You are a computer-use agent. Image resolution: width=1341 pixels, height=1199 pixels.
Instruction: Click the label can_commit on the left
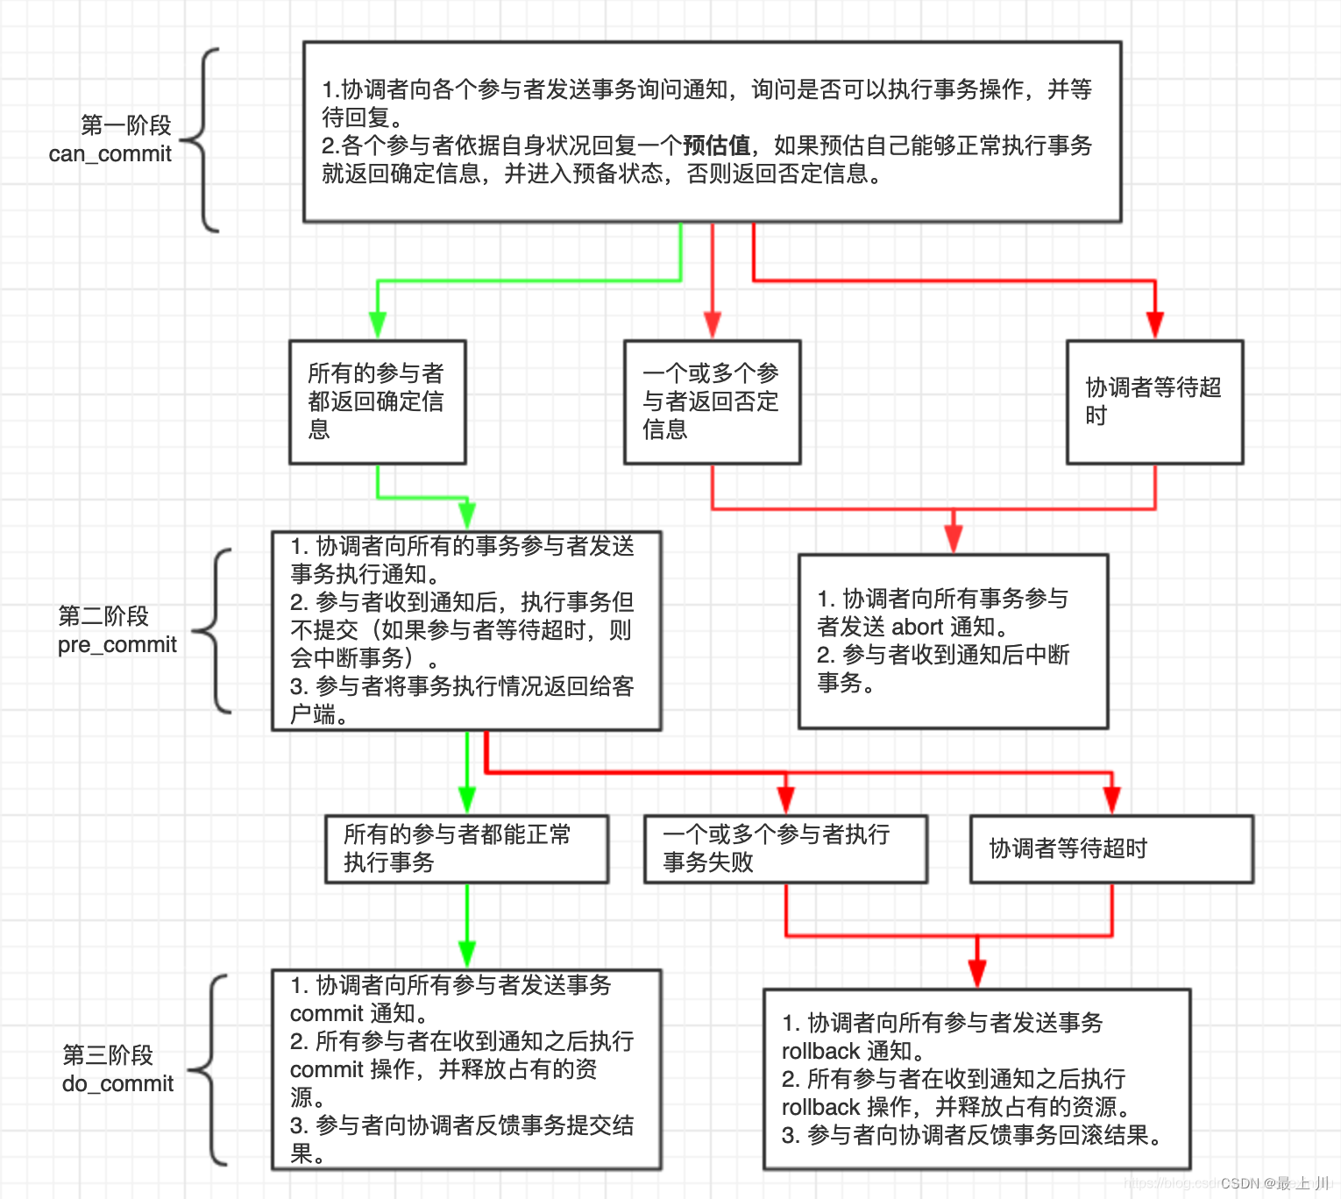pyautogui.click(x=110, y=154)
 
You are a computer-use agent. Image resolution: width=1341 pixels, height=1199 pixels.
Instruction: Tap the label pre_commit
pyautogui.click(x=117, y=645)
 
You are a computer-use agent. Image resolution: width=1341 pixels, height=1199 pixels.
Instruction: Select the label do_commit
pyautogui.click(x=117, y=1084)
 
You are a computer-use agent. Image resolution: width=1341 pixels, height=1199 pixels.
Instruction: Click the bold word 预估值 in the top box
pyautogui.click(x=716, y=145)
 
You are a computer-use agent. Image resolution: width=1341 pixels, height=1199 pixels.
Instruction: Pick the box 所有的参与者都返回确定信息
pyautogui.click(x=378, y=402)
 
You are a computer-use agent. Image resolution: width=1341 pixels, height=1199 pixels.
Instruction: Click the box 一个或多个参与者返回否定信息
pyautogui.click(x=712, y=402)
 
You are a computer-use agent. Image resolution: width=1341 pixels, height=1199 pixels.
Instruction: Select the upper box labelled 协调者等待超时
pyautogui.click(x=1154, y=402)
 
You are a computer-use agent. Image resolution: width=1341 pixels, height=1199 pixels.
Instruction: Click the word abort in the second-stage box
pyautogui.click(x=917, y=627)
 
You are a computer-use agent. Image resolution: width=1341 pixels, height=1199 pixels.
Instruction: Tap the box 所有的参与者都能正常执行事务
pyautogui.click(x=466, y=848)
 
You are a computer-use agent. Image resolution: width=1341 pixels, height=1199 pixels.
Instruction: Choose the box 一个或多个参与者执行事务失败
pyautogui.click(x=785, y=848)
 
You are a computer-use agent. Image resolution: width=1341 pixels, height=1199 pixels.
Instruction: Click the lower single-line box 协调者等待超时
pyautogui.click(x=1111, y=848)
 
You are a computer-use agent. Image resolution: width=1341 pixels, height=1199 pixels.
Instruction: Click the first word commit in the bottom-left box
pyautogui.click(x=326, y=1014)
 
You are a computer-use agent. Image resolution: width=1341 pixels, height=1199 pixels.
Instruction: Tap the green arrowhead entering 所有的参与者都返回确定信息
pyautogui.click(x=378, y=326)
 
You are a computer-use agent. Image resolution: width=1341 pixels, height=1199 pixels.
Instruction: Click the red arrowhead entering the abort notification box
pyautogui.click(x=954, y=540)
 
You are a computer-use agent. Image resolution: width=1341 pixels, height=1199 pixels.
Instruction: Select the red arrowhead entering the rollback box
pyautogui.click(x=977, y=974)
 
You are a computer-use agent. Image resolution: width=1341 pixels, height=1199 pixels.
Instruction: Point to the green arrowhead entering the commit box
pyautogui.click(x=467, y=954)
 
